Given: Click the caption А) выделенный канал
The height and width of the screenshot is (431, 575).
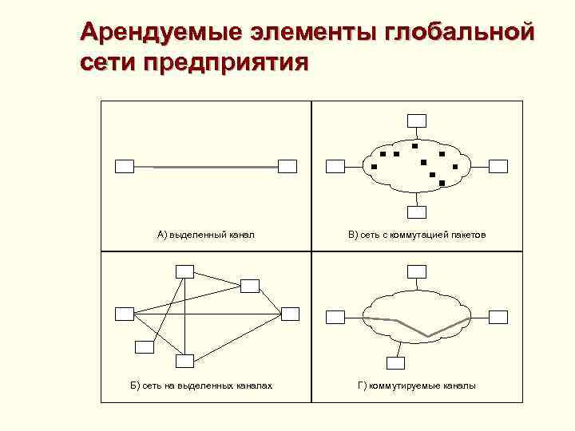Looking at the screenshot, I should point(205,235).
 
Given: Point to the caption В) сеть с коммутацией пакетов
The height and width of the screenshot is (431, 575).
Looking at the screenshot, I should point(416,235).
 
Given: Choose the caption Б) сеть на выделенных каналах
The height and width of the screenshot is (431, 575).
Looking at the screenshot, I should point(201,386).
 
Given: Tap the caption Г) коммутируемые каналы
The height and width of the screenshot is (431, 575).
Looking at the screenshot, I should point(416,386).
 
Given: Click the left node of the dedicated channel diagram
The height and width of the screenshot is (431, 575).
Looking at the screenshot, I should point(125,166).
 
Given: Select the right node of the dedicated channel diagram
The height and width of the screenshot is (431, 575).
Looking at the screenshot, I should point(287,166).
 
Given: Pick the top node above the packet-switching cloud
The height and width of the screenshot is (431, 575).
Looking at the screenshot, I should point(416,121).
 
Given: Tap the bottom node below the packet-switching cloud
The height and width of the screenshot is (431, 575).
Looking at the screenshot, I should point(416,212).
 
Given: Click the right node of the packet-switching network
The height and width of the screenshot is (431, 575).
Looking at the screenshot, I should point(498,166).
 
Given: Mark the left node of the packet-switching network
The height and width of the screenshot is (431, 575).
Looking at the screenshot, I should point(335,166).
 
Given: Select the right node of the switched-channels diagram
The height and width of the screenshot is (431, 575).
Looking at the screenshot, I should point(498,317).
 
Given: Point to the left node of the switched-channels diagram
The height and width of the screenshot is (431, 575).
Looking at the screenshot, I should point(335,317).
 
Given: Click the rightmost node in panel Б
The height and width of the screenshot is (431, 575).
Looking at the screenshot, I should point(289,313).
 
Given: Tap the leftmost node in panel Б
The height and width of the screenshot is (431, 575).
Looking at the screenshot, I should point(125,313).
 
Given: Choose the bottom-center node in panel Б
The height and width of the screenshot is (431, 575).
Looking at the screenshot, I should point(184,361).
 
